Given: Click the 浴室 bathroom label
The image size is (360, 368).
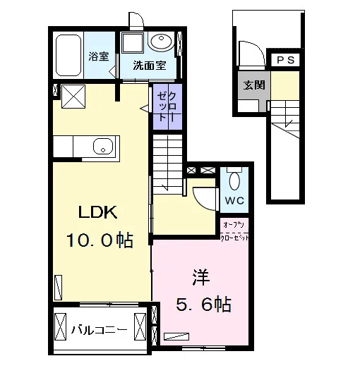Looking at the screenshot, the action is tap(99, 56).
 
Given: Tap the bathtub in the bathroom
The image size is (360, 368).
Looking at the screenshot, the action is tap(68, 56).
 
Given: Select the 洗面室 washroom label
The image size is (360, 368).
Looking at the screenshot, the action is tap(150, 65).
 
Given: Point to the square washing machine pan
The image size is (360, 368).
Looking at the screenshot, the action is tap(133, 43).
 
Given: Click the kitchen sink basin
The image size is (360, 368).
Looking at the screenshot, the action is tap(103, 146).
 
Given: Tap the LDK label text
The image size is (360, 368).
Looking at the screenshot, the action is tap(97, 212).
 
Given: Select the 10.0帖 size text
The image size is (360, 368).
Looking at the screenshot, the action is tap(100, 240).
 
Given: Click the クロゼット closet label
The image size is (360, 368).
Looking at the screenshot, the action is tap(167, 106).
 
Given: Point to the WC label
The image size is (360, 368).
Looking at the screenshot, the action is tap(234, 200).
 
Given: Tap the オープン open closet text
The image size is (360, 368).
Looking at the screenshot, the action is tap(234, 225).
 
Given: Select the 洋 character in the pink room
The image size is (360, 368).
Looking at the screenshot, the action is tap(200, 277).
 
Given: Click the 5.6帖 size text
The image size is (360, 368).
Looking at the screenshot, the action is tap(204, 304).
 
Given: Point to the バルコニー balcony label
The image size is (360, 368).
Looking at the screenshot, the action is tap(100, 330).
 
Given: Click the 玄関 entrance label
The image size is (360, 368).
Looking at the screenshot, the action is tap(254, 85).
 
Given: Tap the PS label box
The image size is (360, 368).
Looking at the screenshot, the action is tap(286, 60).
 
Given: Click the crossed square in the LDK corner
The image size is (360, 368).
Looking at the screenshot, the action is tap(73, 97).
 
